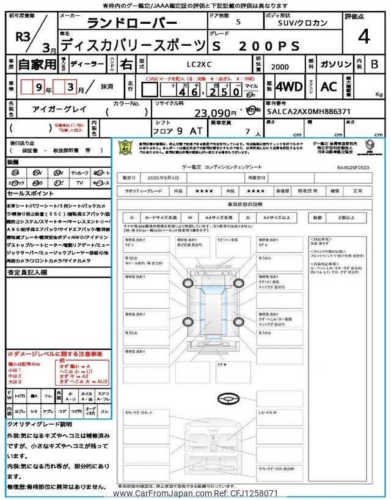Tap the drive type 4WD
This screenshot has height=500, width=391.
pos(289,86)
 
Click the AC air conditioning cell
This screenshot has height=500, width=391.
pos(329,86)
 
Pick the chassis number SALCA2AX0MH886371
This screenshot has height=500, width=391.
pos(308,112)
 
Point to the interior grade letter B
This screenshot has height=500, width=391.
pos(374,63)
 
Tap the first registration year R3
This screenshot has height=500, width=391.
pos(23,35)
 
